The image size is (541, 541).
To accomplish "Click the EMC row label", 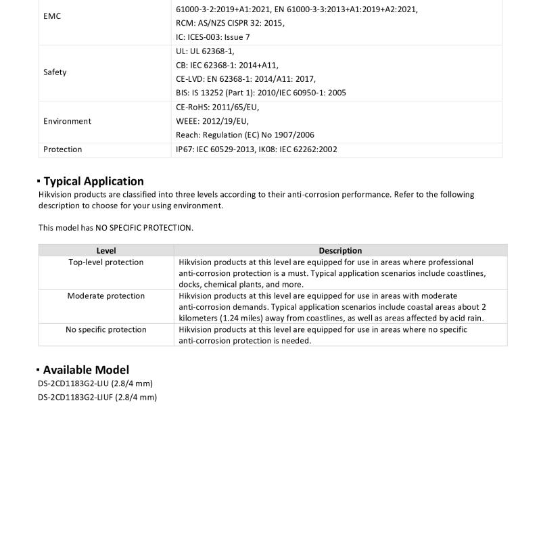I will click(x=52, y=16).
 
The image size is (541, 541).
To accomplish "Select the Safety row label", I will click(x=55, y=72).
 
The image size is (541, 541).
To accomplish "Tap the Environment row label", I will click(x=67, y=121).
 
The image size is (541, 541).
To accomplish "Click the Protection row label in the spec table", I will click(x=62, y=149).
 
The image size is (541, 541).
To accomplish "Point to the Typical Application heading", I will click(x=93, y=181).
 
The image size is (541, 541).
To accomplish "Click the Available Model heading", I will click(x=86, y=370).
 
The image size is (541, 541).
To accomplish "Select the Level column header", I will click(x=106, y=250).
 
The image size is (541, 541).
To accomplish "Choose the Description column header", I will click(x=340, y=250).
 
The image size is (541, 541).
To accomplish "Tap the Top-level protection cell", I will click(x=106, y=262).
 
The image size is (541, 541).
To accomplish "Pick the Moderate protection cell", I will click(x=106, y=296).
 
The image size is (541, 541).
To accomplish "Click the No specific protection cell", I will click(x=106, y=330).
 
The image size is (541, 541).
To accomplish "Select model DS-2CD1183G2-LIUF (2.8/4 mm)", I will click(x=97, y=397).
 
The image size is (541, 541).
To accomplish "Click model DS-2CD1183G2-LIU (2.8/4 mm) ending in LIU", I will click(x=95, y=383).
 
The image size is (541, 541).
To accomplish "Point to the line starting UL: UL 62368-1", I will click(x=205, y=51).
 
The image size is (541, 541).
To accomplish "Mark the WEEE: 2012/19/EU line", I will click(x=212, y=121).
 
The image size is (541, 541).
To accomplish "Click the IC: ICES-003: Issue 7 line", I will click(x=213, y=37).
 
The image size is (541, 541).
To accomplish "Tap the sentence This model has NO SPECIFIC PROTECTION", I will click(x=116, y=228).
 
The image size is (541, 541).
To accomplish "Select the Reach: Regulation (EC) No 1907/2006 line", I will click(x=245, y=135).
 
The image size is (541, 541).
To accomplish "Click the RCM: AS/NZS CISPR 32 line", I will click(x=230, y=23).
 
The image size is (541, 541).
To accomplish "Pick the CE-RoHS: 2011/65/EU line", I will click(x=217, y=107).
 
